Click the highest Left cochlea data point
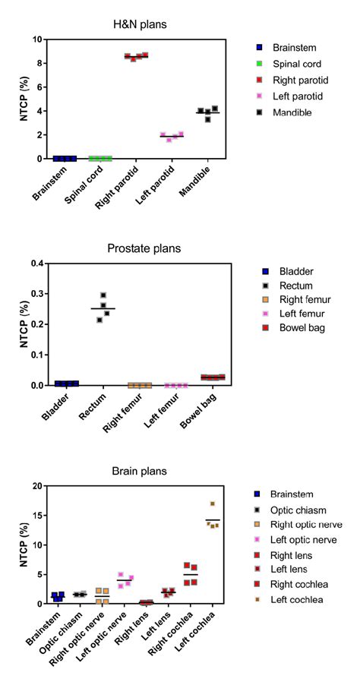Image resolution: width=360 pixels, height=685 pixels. (213, 503)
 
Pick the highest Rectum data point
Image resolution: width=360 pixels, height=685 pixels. (103, 295)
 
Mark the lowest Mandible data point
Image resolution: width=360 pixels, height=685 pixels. (208, 119)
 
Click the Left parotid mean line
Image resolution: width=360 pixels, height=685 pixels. (172, 136)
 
